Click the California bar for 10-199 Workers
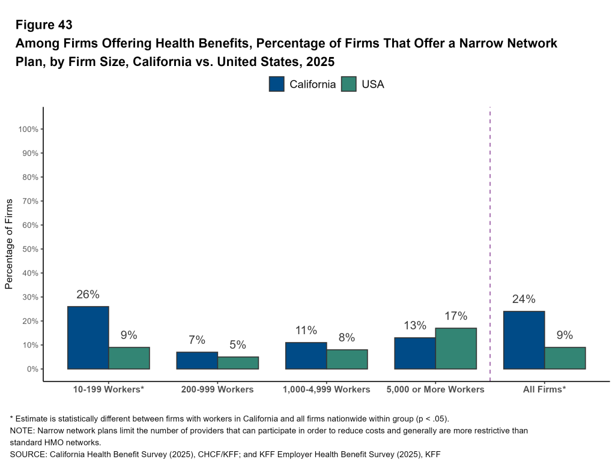(x=88, y=337)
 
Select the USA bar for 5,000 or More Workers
(x=456, y=348)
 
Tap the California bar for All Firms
(x=524, y=340)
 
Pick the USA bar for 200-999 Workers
(x=238, y=362)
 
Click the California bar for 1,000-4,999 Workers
(x=306, y=355)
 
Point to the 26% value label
(x=88, y=295)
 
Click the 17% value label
(x=456, y=316)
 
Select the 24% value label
(x=524, y=299)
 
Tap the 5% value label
(x=238, y=345)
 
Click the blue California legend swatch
(x=277, y=84)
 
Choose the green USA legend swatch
(x=349, y=84)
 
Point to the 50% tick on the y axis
(x=28, y=249)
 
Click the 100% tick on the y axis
(x=28, y=129)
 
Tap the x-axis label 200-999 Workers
(x=217, y=389)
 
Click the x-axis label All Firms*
(x=544, y=389)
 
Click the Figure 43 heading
(x=44, y=25)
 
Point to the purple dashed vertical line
(x=490, y=240)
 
